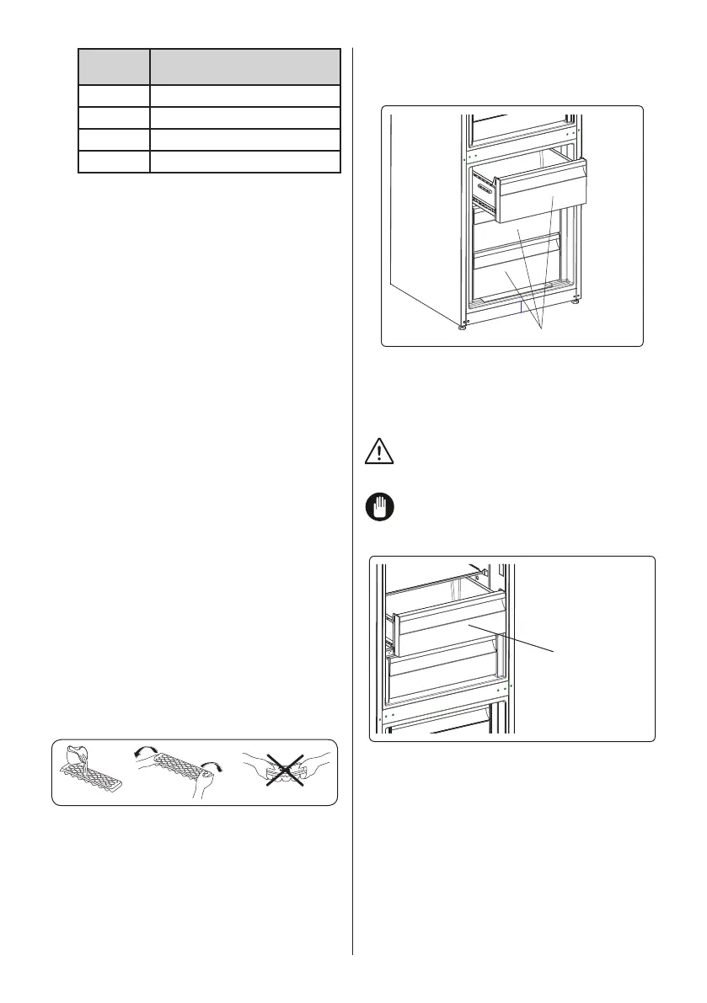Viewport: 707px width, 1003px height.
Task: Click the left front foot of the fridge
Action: coord(462,326)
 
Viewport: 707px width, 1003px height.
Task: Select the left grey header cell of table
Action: coord(114,66)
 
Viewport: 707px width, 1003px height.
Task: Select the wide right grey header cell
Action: coord(244,66)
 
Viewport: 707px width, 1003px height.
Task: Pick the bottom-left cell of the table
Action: coord(114,161)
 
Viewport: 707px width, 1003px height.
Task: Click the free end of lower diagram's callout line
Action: coord(557,650)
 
